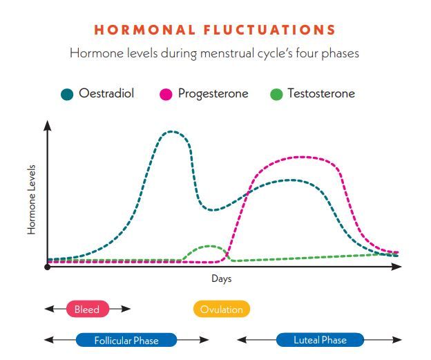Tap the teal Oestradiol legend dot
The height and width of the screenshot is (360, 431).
pos(67,94)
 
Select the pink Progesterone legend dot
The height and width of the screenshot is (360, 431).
pos(166,94)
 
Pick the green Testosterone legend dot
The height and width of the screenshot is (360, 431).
pos(276,94)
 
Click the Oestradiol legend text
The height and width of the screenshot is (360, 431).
pos(106,93)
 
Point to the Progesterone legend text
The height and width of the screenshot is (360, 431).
pos(213,93)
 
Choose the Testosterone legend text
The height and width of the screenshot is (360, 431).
pos(321,93)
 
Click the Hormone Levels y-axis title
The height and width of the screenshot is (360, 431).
pos(32,200)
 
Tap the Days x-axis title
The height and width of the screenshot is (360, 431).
pos(222,279)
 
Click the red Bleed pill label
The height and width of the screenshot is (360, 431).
pos(87,309)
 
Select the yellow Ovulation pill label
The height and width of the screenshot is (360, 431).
pos(222,309)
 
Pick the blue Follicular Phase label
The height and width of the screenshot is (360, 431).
pos(126,340)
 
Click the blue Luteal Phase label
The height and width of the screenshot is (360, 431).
pos(320,340)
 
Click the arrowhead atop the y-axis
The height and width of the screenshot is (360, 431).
pos(47,124)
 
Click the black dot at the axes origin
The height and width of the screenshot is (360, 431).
pos(47,267)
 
